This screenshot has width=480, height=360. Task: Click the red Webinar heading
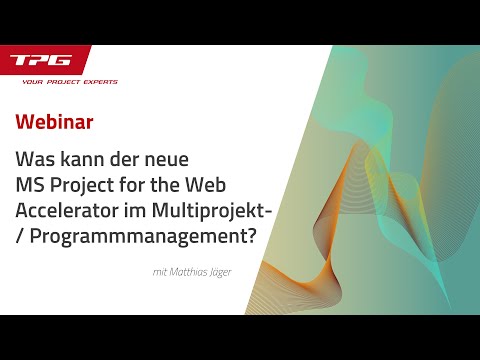[55, 122]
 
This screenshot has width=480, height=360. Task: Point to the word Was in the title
[35, 158]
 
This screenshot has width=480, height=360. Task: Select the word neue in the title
[181, 158]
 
